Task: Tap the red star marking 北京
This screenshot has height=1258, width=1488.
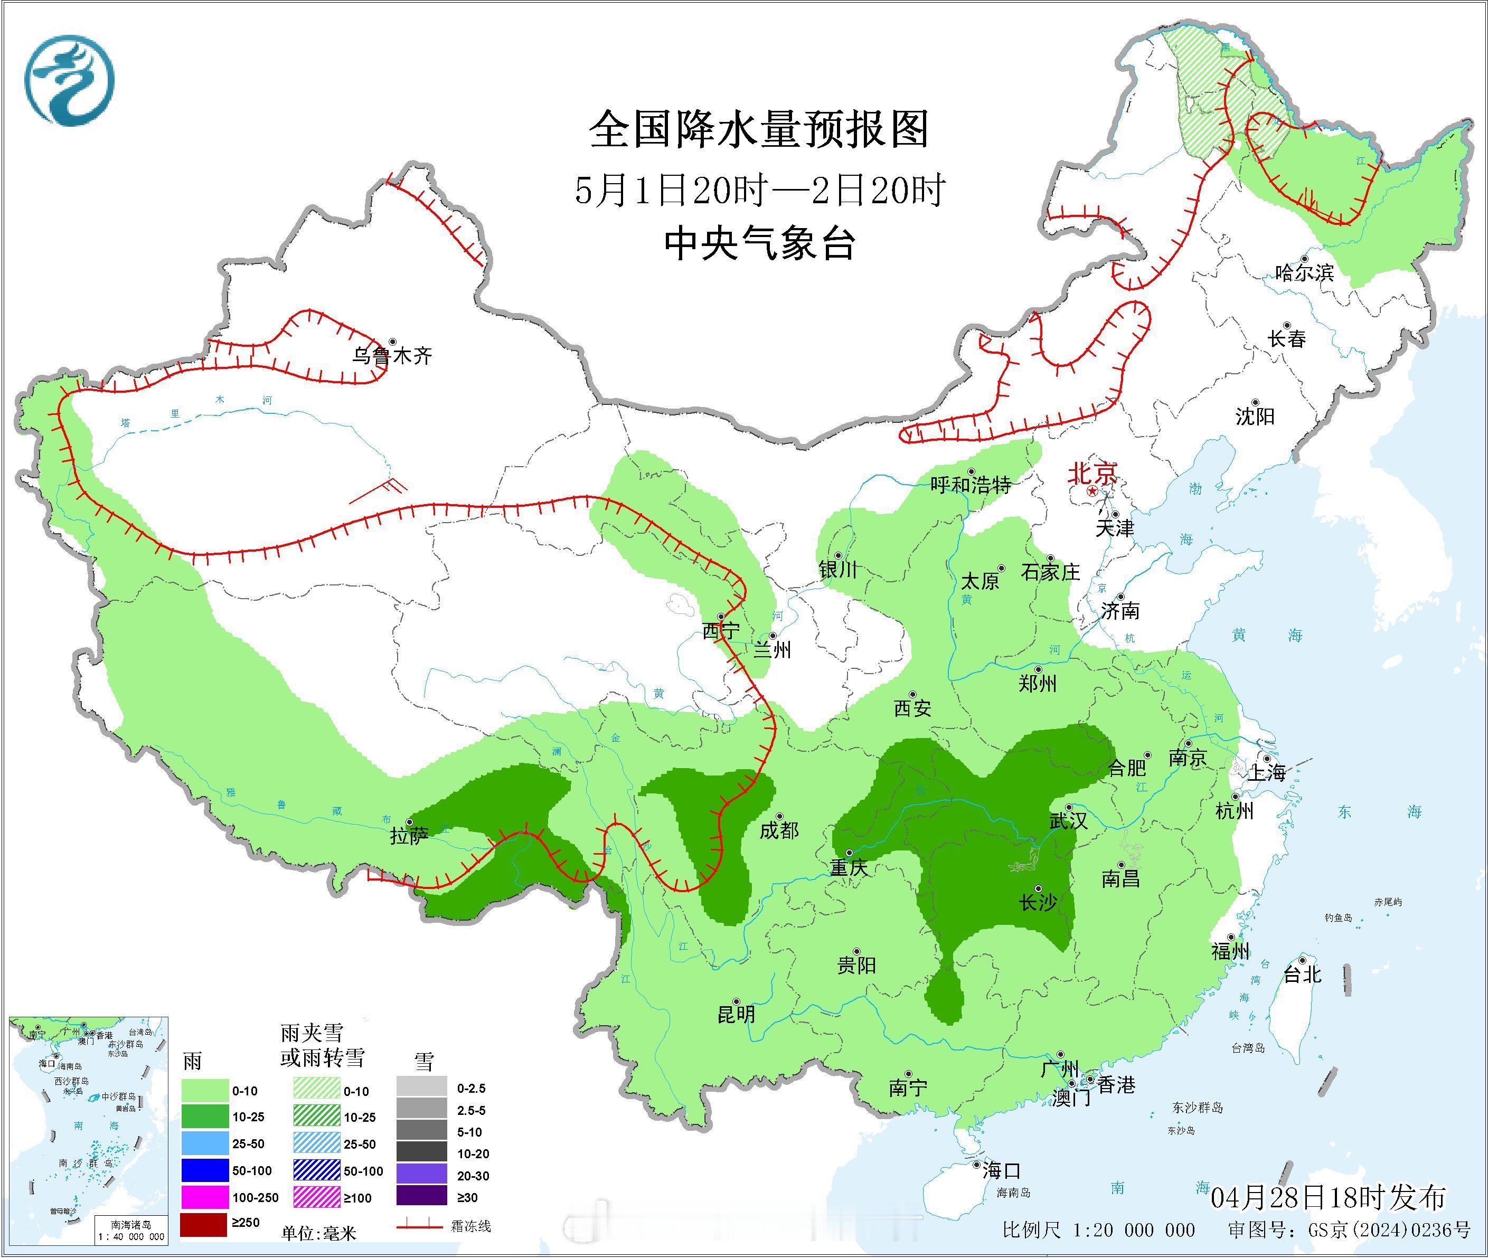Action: coord(1092,492)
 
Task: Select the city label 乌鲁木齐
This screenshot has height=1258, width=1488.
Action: coord(392,356)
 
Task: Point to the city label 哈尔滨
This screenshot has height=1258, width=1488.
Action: coord(1303,272)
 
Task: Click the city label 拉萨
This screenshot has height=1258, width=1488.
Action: coord(409,835)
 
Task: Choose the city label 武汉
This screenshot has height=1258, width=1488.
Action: coord(1068,821)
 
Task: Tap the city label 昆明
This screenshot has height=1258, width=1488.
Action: coord(736,1014)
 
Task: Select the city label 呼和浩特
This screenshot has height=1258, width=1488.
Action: coord(970,485)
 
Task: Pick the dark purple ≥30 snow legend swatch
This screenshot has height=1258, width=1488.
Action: coord(421,1197)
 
